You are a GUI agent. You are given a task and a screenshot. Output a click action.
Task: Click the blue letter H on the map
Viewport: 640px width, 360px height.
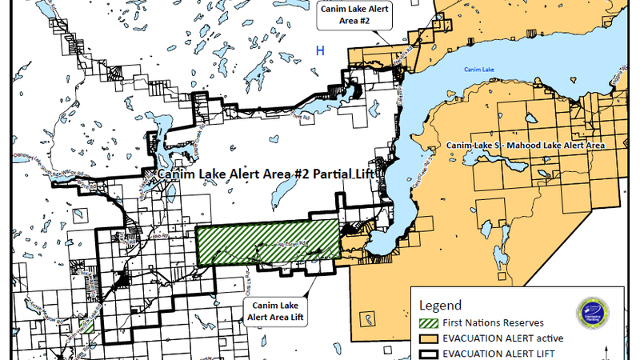click(320, 51)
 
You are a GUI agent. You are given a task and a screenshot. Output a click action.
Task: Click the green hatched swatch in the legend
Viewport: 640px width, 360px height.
click(430, 324)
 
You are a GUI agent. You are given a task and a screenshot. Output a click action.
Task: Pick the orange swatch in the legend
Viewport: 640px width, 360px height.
click(430, 339)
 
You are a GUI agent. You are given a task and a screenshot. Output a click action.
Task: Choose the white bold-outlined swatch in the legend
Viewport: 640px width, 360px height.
click(430, 353)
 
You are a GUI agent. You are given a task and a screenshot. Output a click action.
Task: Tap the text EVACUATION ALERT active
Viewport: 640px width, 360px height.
click(499, 339)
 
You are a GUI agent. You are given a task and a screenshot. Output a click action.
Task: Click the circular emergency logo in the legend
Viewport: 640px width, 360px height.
click(594, 314)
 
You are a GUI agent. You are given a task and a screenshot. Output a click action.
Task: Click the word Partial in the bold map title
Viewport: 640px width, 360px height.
click(314, 173)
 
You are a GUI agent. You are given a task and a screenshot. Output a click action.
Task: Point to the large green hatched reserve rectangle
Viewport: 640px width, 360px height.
click(267, 242)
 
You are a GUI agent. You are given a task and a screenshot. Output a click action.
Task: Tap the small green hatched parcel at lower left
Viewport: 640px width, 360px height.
click(90, 326)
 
